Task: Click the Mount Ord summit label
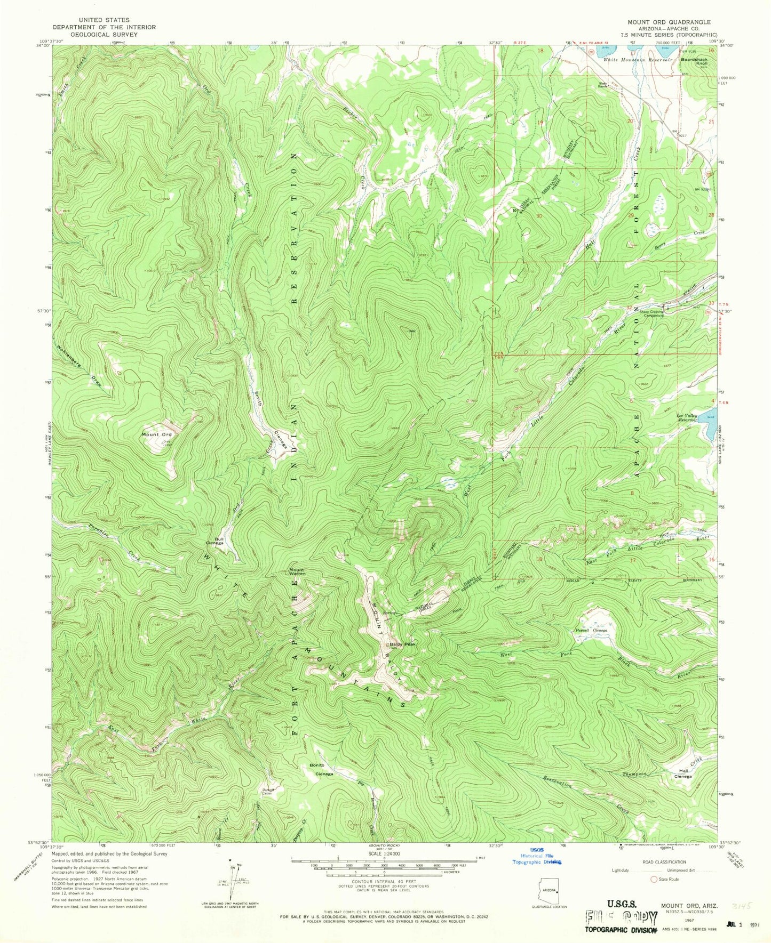(x=156, y=434)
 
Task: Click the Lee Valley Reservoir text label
(x=687, y=418)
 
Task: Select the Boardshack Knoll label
(x=695, y=61)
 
